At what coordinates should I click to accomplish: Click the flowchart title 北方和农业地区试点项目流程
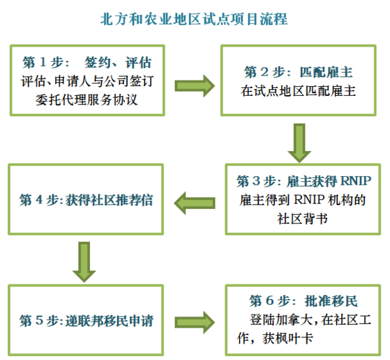tap(194, 19)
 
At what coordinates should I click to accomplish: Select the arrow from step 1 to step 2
tap(194, 86)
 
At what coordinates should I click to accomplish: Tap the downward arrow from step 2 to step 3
tap(299, 143)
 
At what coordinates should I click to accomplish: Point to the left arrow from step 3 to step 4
tap(194, 203)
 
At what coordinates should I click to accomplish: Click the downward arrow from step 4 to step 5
tap(84, 262)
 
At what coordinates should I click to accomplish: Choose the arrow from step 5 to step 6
tap(194, 323)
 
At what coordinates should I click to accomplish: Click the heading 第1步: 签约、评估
tap(87, 62)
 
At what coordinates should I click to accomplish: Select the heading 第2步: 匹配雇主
tap(298, 72)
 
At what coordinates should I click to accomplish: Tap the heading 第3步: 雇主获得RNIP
tap(304, 181)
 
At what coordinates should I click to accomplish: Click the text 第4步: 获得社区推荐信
tap(86, 200)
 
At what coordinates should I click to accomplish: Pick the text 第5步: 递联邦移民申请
tap(86, 321)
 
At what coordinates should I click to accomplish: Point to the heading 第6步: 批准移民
tap(303, 301)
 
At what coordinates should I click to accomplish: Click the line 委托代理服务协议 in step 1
tap(87, 100)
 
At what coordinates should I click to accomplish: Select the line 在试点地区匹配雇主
tap(298, 91)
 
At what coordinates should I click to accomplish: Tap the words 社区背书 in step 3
tap(303, 219)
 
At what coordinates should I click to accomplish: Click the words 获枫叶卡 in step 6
tap(288, 338)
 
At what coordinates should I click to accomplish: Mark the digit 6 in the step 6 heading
tap(270, 301)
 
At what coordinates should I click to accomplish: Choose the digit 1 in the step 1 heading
tap(43, 62)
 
